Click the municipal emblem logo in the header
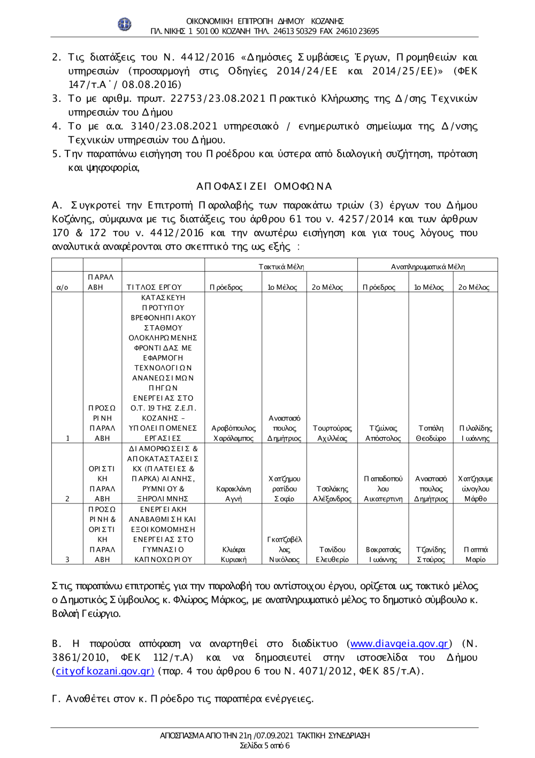125,24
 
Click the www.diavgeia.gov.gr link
399,643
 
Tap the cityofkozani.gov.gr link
104,671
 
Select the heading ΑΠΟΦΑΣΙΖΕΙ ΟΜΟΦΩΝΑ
264,186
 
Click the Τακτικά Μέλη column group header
281,266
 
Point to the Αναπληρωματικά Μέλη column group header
427,266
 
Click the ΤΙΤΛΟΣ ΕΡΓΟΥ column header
154,287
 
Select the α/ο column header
63,287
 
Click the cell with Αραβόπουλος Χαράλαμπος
233,433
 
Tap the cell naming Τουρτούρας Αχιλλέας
332,433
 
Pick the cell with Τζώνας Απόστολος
383,433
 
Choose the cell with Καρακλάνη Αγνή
233,493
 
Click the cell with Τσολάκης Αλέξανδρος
332,493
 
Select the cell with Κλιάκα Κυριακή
233,554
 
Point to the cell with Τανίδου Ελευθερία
332,554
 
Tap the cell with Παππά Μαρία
475,554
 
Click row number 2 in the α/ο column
67,498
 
